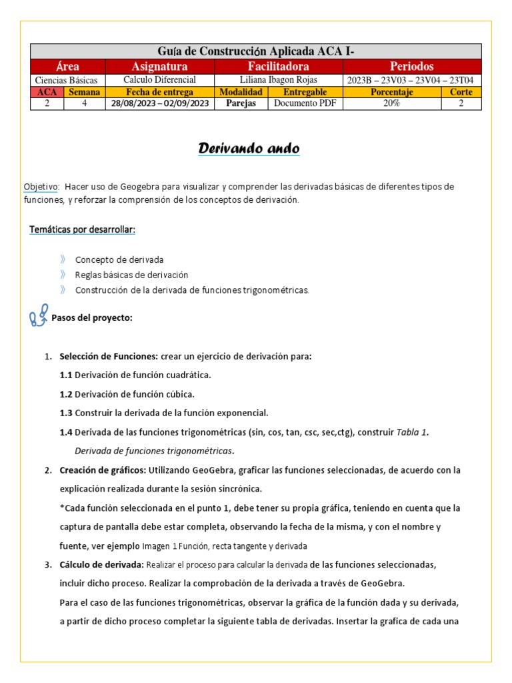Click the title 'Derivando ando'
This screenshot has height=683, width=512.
coord(249,148)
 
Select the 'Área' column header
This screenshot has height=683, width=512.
coord(67,67)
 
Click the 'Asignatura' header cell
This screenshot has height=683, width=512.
coord(159,67)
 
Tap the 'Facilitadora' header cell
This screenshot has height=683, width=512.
coord(278,67)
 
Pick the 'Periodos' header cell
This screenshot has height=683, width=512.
coord(411,67)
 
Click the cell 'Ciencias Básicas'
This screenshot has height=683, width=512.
coord(67,80)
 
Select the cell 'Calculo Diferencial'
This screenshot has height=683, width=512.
coord(159,80)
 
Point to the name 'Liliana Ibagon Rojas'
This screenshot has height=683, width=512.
coord(278,80)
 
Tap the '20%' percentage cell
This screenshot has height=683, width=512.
coord(391,104)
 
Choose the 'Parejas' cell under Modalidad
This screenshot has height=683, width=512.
coord(241,104)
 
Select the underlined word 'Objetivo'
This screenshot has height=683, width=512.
coord(41,187)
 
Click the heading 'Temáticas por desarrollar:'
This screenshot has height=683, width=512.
coord(82,229)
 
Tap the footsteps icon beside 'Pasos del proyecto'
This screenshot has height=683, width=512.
coord(39,315)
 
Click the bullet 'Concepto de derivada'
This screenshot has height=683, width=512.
coord(119,259)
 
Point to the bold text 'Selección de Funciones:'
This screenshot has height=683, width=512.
coord(109,356)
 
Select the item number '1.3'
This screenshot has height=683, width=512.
coord(66,413)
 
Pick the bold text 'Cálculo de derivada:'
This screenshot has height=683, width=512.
coord(101,565)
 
